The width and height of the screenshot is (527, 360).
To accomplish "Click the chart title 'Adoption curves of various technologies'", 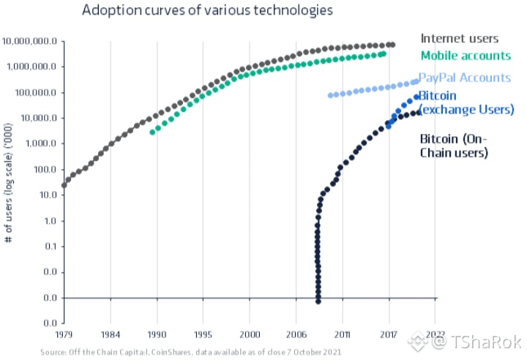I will pos(208,10).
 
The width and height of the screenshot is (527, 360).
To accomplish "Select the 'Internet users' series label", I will pos(459,38).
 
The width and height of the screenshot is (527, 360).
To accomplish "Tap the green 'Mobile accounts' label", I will pos(466,55).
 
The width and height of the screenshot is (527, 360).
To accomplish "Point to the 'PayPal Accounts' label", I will pos(464,78).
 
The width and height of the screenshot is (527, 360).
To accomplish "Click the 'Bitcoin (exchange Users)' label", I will pos(466,102).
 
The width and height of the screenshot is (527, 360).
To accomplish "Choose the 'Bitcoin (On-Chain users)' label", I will pos(454,145).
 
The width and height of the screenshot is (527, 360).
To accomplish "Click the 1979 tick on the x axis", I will pos(64,335).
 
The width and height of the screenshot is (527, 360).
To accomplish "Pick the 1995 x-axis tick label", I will pos(203,335).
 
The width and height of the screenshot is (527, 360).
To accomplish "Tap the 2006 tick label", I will pos(296,335).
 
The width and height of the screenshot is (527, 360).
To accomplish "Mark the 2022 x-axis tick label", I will pos(435,335).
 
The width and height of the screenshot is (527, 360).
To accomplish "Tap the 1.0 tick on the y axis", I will pos(49,221).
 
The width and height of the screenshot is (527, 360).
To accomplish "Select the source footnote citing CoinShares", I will pos(190,353).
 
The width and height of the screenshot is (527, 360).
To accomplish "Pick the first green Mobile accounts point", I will pos(153,132).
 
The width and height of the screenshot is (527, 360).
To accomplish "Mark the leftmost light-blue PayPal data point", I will pos(331,95).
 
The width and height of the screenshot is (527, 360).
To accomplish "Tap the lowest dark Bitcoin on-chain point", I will pos(318,301).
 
